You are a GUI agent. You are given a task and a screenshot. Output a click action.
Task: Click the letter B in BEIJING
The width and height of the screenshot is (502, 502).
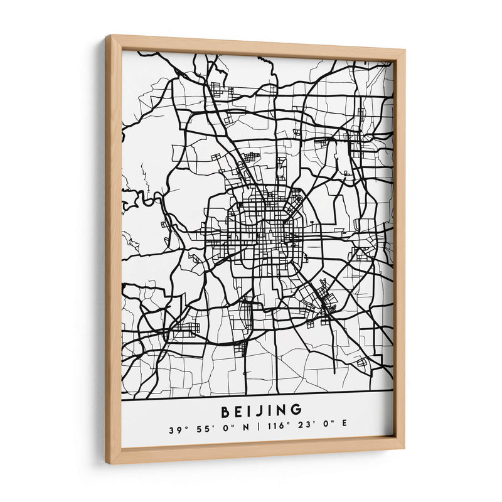tap(226, 411)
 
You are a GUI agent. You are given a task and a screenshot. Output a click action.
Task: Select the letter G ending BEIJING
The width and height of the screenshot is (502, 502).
tap(296, 411)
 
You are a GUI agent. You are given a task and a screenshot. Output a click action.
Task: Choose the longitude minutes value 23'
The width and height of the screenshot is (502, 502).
tap(302, 430)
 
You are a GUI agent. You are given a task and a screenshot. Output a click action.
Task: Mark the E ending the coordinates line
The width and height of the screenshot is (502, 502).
tap(344, 430)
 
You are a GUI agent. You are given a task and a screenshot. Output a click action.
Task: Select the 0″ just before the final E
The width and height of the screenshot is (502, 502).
tap(326, 430)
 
